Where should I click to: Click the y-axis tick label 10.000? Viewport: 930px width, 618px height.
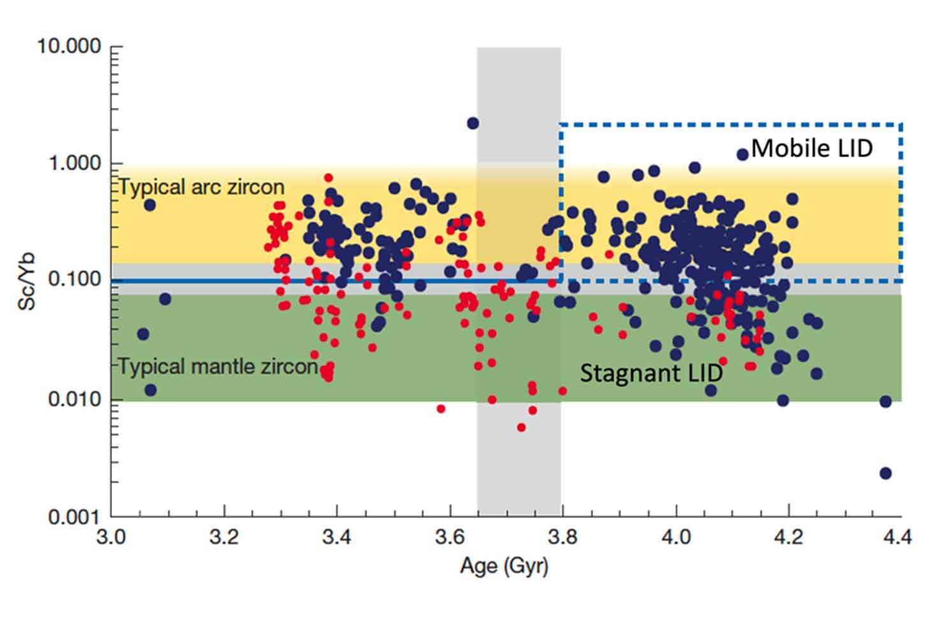(69, 46)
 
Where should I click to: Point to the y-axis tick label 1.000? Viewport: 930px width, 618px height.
(75, 163)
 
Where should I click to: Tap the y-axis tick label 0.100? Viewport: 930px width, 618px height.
(75, 279)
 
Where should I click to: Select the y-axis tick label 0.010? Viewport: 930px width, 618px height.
(75, 399)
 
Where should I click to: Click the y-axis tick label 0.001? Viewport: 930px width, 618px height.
(75, 516)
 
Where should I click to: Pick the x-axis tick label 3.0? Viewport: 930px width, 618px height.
(111, 538)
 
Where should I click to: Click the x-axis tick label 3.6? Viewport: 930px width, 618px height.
(450, 538)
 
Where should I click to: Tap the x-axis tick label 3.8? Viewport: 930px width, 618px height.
(563, 538)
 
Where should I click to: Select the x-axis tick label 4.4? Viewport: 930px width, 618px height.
(898, 538)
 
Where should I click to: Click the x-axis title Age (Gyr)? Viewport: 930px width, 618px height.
(504, 566)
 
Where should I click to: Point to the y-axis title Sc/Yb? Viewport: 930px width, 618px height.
(27, 281)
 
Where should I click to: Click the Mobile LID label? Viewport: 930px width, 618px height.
(812, 148)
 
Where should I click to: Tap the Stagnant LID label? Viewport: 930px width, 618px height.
(650, 373)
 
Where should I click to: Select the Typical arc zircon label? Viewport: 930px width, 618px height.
(201, 187)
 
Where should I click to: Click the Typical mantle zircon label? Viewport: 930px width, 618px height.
(218, 367)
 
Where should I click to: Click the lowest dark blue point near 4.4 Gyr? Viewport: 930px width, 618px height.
(885, 473)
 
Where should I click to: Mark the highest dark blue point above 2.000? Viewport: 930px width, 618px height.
(473, 123)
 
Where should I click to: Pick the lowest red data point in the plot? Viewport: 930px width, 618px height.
(522, 428)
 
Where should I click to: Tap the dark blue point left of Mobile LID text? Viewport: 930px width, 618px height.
(742, 155)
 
